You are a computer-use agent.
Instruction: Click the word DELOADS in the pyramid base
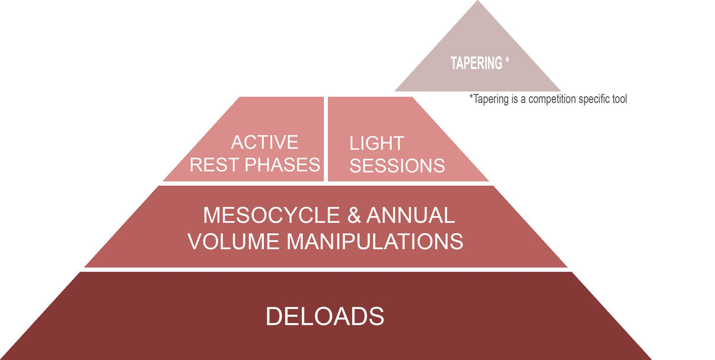click(324, 316)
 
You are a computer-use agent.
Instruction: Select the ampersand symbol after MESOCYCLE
click(354, 215)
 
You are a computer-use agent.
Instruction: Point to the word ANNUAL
click(410, 215)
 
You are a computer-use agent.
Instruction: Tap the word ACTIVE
click(264, 142)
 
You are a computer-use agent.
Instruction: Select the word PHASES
click(283, 164)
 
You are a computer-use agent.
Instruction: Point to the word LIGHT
click(376, 143)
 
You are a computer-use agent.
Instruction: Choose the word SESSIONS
click(397, 165)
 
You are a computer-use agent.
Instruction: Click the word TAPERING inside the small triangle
click(476, 63)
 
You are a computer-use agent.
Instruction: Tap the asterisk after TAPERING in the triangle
click(507, 61)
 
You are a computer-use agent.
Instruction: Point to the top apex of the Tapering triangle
click(477, 2)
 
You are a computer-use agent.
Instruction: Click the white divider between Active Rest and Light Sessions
click(325, 139)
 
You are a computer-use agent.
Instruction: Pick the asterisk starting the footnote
click(471, 97)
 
